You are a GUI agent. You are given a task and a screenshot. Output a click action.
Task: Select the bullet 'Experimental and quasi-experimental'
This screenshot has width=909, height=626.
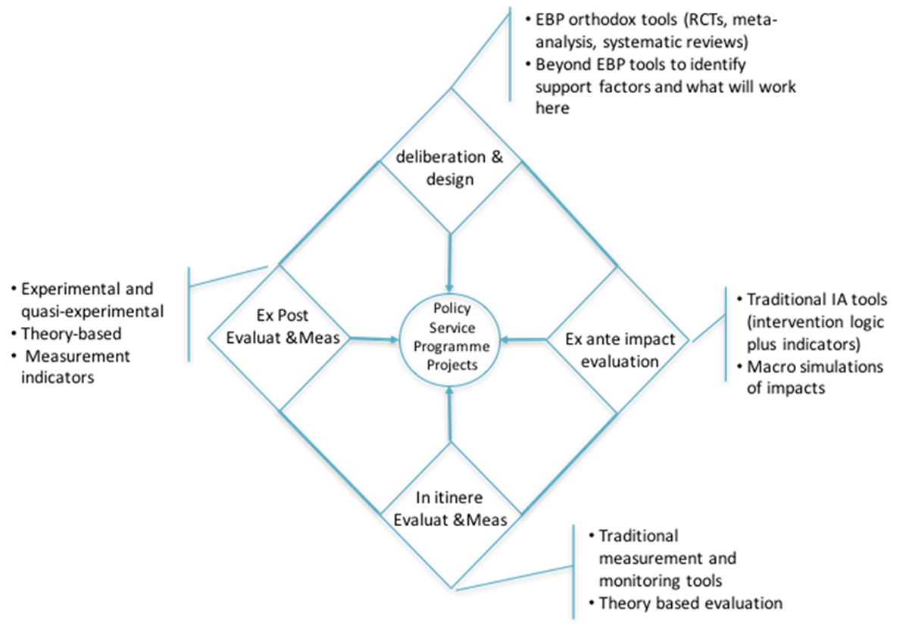coord(87,299)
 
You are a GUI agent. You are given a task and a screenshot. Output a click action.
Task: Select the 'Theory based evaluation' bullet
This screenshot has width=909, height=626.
coord(689,603)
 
